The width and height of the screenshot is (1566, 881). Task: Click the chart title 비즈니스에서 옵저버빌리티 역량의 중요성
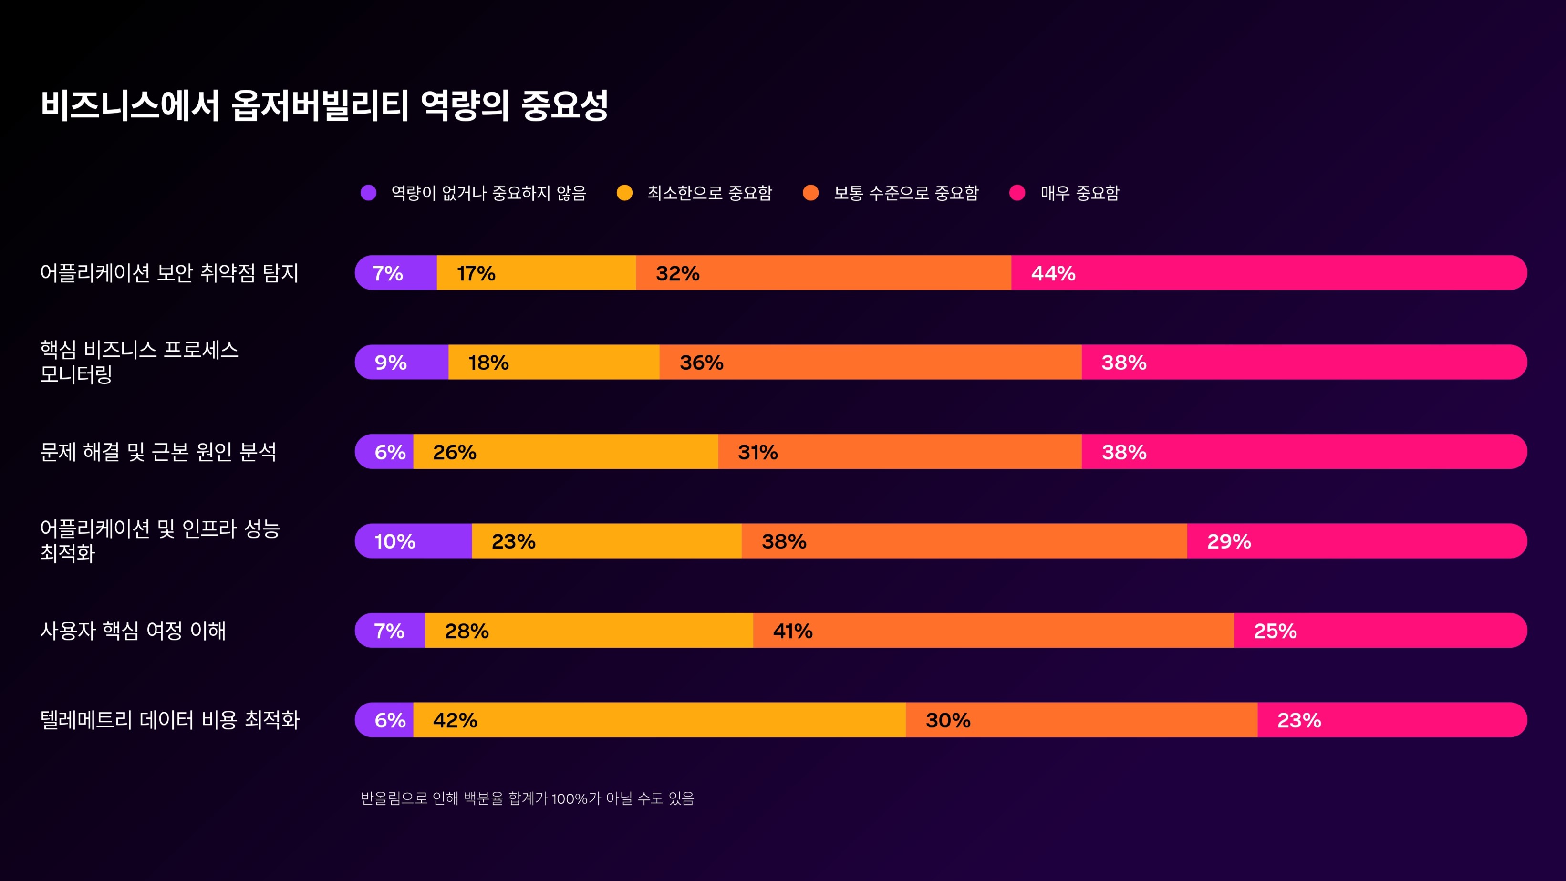[324, 105]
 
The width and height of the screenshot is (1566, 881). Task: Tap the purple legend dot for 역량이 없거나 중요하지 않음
[368, 193]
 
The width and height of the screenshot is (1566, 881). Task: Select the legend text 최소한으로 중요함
[709, 193]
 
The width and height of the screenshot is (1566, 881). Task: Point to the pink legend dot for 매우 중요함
[1017, 193]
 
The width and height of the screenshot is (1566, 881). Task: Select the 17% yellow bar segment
[536, 273]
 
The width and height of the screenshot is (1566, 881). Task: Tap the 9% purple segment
[402, 363]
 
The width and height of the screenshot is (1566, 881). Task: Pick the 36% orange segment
[870, 363]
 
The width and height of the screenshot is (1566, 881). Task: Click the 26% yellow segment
[565, 452]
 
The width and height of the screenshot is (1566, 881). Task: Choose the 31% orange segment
[899, 452]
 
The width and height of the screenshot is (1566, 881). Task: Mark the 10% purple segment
[414, 541]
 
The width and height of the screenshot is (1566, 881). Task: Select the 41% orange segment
[993, 631]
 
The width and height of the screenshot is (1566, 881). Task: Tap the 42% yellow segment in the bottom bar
[659, 720]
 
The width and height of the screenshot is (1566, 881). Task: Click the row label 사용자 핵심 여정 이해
[133, 631]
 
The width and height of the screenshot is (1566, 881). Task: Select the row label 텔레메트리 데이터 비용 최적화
[170, 720]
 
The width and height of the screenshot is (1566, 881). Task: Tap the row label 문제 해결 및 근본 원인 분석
[158, 452]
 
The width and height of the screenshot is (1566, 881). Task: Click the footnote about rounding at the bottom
[527, 798]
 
